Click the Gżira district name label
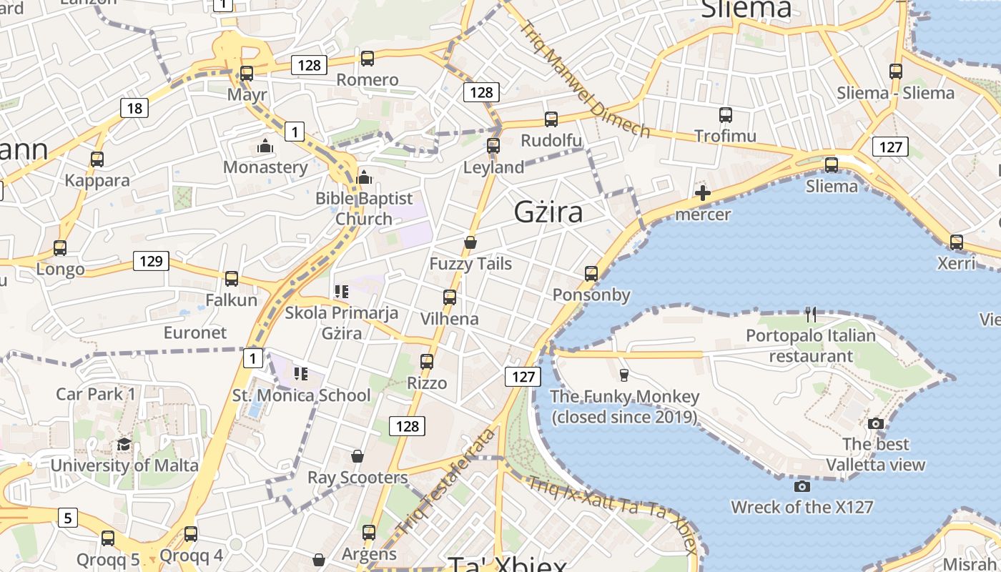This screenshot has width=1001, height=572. [548, 212]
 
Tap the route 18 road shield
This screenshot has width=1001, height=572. [134, 108]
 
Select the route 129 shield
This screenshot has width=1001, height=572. [151, 261]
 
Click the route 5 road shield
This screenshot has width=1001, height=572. [67, 517]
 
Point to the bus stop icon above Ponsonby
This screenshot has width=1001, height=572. [591, 273]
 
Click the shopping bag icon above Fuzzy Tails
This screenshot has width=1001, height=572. [470, 242]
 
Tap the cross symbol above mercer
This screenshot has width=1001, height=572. [703, 192]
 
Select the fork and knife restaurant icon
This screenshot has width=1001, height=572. [810, 314]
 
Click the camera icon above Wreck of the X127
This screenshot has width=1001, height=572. [802, 486]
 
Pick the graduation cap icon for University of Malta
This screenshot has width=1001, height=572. [124, 445]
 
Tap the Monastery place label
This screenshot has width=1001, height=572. [265, 167]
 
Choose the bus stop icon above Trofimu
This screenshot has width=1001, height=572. [725, 114]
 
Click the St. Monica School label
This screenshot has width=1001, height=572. [302, 395]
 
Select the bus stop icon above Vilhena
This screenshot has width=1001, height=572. [449, 297]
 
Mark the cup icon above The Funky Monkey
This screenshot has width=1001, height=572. [623, 375]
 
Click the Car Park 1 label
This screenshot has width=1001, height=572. [96, 394]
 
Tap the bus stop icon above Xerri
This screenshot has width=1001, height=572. [956, 242]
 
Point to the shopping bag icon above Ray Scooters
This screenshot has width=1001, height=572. [357, 456]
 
